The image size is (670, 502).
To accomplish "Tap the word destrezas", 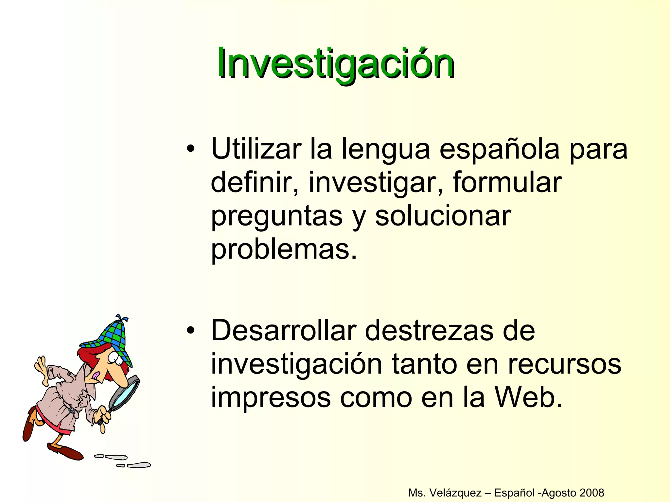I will pos(429,331).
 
